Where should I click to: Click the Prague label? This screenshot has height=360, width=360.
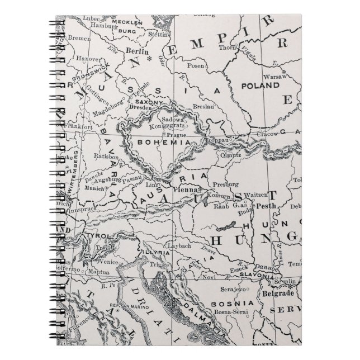176,135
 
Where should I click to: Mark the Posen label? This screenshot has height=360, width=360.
196,65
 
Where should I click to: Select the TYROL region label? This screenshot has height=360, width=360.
93,237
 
